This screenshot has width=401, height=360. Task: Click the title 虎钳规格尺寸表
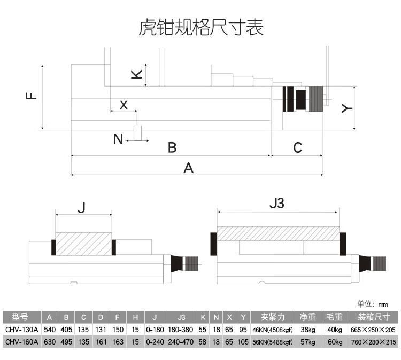200,27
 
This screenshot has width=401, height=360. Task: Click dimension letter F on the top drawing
32,96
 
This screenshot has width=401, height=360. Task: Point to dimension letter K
136,74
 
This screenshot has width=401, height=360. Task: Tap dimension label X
124,105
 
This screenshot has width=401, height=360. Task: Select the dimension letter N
118,139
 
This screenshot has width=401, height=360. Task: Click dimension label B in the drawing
172,147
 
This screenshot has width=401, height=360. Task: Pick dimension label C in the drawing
297,147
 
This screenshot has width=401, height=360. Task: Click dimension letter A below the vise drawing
189,168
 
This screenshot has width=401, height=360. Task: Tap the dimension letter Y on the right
347,108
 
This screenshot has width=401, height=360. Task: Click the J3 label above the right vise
277,204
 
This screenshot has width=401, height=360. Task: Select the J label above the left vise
82,207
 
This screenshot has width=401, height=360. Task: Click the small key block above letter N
138,133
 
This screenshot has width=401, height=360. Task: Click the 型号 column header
20,317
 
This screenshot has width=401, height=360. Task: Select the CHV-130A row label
21,330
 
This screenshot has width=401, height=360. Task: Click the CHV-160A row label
21,342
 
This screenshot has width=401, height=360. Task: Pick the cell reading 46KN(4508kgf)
273,330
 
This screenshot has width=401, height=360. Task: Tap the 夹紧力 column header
273,317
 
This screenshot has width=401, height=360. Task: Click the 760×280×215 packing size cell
373,342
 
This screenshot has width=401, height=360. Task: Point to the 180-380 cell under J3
181,330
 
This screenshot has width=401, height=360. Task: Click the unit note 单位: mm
372,304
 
